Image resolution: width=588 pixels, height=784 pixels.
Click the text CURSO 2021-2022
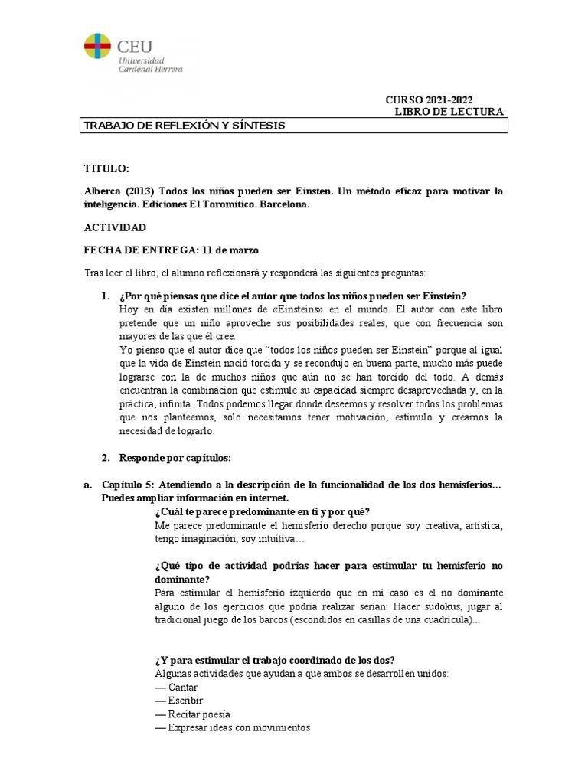[429, 100]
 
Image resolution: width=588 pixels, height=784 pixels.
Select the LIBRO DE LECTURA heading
[449, 112]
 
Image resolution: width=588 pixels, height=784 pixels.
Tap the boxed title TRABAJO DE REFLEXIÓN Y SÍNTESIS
[184, 126]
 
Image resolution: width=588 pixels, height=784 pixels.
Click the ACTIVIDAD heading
[114, 228]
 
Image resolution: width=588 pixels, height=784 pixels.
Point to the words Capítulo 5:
[129, 485]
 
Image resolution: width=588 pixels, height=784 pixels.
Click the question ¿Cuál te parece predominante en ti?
[263, 511]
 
